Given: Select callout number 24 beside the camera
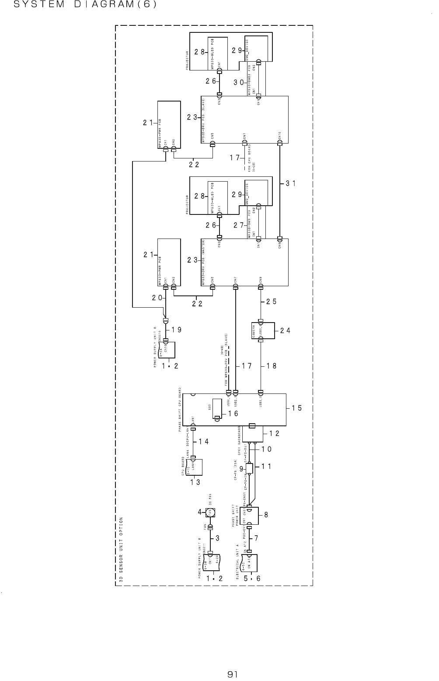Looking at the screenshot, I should point(285,331).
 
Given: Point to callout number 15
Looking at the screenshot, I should point(297,408).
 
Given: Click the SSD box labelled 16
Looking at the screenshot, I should point(216,409).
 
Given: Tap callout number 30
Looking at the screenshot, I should point(239,82).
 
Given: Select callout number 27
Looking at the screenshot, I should point(239,225).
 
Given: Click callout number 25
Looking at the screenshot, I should point(272,302).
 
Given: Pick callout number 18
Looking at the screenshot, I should point(272,366).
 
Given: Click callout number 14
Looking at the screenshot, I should point(203,442).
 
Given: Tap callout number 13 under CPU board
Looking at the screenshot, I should point(195,482).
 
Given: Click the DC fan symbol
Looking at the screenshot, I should point(210,511).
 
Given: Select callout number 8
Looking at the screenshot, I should point(266,516).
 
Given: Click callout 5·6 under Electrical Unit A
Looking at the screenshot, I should point(252,578).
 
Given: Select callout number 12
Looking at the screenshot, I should point(274,433).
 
